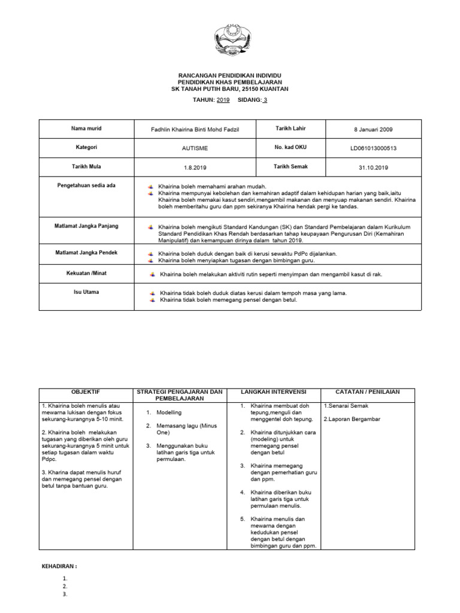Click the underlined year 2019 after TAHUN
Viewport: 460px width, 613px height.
click(x=222, y=100)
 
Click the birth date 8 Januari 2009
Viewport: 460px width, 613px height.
click(x=373, y=130)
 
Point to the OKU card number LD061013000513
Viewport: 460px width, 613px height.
click(x=373, y=148)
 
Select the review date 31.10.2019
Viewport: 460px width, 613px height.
click(x=373, y=168)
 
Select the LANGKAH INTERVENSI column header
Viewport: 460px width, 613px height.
click(x=273, y=392)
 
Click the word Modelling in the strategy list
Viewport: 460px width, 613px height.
click(x=169, y=413)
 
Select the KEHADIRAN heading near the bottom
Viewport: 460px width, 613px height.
click(x=59, y=566)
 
